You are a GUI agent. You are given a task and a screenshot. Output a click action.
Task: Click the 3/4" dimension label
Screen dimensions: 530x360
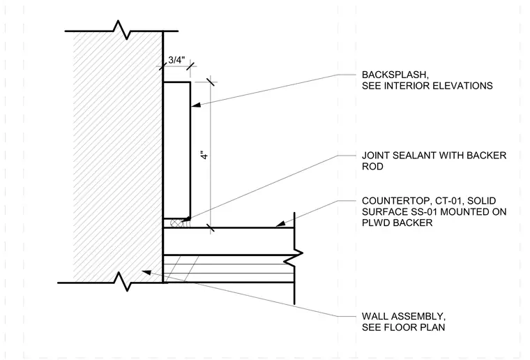[x=176, y=60]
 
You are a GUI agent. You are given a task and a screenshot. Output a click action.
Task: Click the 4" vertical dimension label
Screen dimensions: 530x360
[x=204, y=155]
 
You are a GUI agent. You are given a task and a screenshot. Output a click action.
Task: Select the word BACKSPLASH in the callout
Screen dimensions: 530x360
[x=395, y=75]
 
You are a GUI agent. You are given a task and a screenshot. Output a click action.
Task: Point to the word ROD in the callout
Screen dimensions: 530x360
[x=372, y=167]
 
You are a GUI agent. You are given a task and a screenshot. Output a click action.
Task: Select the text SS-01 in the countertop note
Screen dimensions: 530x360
[x=422, y=212]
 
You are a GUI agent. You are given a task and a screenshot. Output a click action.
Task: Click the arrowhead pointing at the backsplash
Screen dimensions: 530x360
[x=196, y=105]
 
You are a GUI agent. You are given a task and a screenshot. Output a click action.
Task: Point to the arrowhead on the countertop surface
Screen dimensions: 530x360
[x=280, y=224]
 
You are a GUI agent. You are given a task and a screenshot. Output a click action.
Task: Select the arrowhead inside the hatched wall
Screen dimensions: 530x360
[x=146, y=272]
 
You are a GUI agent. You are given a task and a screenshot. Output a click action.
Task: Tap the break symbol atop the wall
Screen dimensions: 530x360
[x=122, y=30]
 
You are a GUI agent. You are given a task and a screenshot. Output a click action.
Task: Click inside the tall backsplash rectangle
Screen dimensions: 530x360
[x=176, y=150]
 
